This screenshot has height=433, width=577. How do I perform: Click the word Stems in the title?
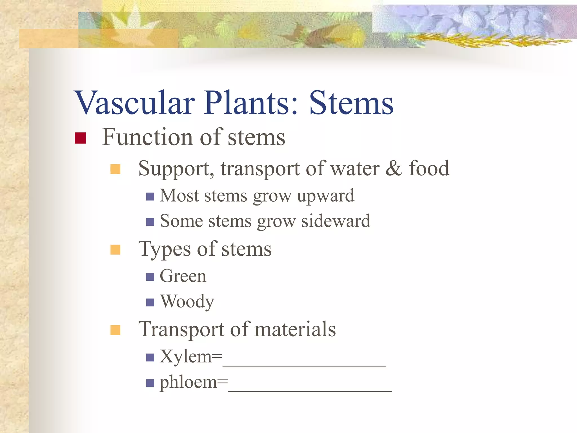click(x=351, y=103)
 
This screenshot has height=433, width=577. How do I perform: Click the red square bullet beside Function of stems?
click(x=80, y=138)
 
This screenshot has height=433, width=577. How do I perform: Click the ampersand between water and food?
click(x=394, y=168)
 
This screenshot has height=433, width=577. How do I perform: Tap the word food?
click(x=429, y=168)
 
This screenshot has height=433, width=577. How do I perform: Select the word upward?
click(x=326, y=196)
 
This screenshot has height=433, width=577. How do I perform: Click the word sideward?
click(x=336, y=221)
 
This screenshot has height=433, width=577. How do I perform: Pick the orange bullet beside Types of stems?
click(x=115, y=249)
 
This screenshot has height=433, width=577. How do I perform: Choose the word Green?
click(x=183, y=276)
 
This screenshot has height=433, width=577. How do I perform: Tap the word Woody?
click(x=187, y=302)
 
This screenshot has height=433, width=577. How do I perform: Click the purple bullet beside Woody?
click(x=150, y=302)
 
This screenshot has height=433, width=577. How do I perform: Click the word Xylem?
click(x=186, y=357)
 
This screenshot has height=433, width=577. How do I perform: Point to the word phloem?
click(x=188, y=383)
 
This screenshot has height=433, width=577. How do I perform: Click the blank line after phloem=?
click(x=310, y=390)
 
